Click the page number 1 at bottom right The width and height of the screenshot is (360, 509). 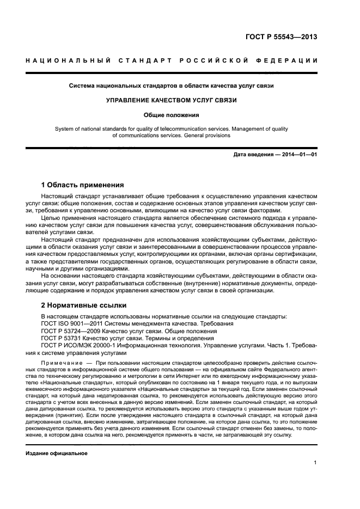point(315,463)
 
